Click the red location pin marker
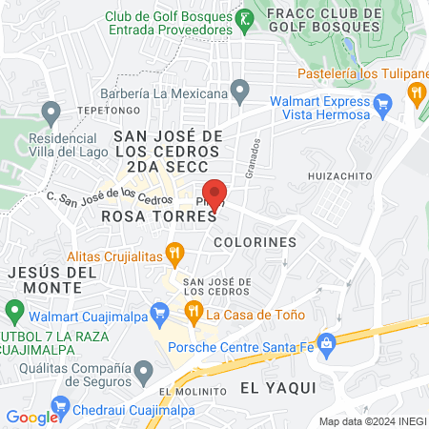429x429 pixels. [214, 192]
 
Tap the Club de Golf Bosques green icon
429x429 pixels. [244, 18]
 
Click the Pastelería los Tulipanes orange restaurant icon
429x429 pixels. [416, 92]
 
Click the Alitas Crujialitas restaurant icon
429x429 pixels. [174, 255]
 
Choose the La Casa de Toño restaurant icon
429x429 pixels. [193, 311]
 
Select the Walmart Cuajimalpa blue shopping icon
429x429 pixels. [160, 311]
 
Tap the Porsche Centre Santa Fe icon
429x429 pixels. [327, 341]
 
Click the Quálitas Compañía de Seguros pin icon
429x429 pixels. [144, 369]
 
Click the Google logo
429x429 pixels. [31, 417]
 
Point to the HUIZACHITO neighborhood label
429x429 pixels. [338, 176]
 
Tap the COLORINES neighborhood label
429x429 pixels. [255, 242]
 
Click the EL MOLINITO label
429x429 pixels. [193, 392]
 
